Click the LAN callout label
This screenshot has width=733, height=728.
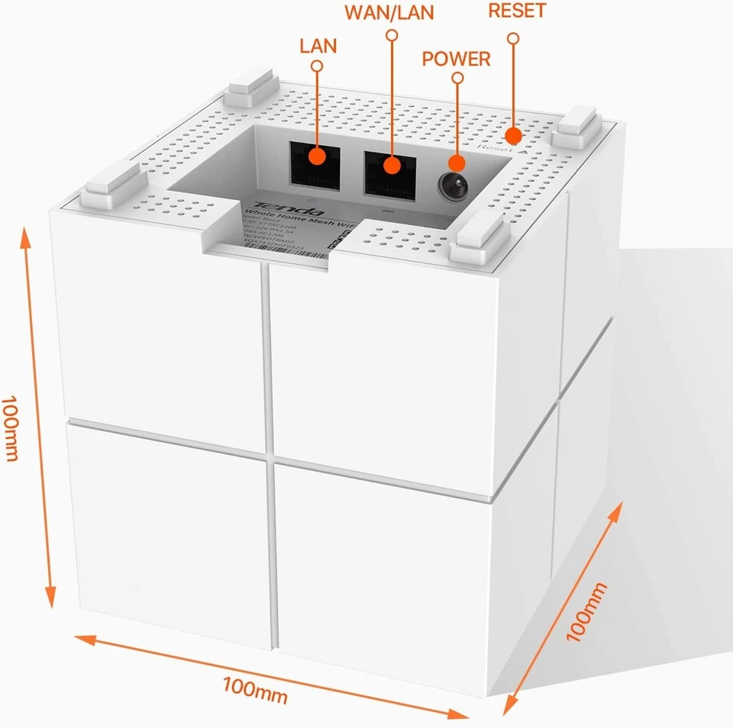coord(318,45)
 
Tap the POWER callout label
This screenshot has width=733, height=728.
coord(457,59)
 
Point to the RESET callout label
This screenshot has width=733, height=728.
coord(517,11)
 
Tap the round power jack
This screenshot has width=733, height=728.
coord(453,184)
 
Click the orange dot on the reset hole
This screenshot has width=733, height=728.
coord(514,136)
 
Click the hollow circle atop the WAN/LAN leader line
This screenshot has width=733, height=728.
coord(392,35)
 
